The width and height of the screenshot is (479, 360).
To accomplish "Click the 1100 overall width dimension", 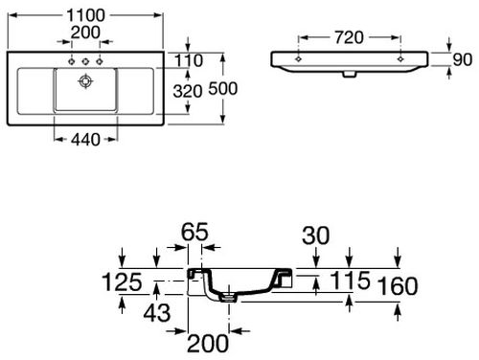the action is tap(85, 15).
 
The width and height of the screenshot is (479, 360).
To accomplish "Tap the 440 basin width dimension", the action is tap(85, 140).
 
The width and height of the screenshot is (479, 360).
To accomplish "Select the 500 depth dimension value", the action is tap(223, 88).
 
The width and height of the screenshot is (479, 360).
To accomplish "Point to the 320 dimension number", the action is tap(188, 91).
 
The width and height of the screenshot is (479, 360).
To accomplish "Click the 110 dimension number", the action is tap(189, 60).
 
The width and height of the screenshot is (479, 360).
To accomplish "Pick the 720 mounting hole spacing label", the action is tap(349, 37).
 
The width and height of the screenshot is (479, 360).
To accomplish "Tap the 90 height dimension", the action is tap(462, 59).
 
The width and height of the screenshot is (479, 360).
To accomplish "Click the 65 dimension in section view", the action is tap(194, 232).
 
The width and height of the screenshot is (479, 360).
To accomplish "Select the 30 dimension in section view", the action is tap(315, 236).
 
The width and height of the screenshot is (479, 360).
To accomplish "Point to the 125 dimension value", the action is tap(122, 282).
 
